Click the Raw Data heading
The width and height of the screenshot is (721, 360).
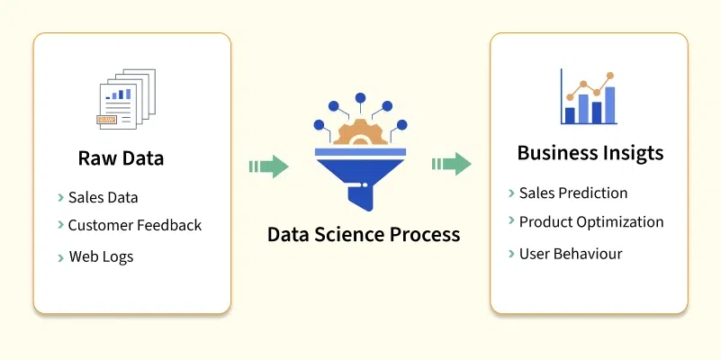click(121, 159)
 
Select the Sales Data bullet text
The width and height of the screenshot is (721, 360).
click(103, 198)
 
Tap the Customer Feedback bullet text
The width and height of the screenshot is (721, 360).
click(135, 225)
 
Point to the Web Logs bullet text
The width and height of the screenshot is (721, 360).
click(101, 256)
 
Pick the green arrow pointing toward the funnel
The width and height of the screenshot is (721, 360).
click(268, 166)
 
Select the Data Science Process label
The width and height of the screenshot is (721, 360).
click(364, 235)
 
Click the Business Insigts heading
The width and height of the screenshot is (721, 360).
click(590, 153)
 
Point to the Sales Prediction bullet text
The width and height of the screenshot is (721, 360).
click(573, 193)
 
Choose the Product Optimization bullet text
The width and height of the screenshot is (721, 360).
click(591, 221)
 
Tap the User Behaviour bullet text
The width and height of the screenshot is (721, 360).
click(571, 254)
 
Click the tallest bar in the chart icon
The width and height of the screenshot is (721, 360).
click(610, 104)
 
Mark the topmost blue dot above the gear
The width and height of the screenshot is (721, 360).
click(361, 96)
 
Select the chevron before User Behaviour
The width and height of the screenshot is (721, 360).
click(511, 254)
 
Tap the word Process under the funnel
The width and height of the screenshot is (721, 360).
click(419, 235)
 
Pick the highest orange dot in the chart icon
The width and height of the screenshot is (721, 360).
click(610, 76)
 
